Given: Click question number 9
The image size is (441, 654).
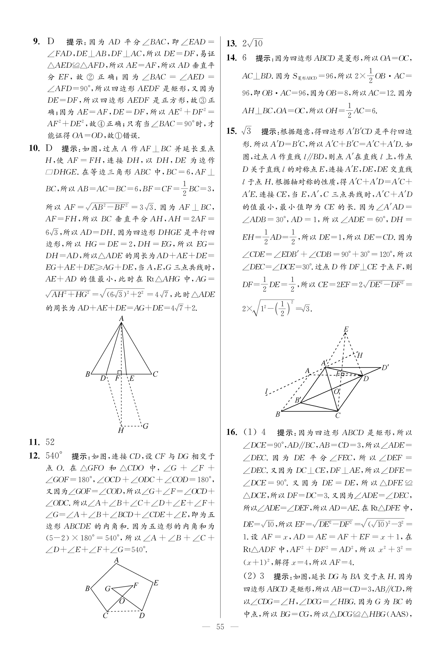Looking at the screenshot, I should click(37, 42).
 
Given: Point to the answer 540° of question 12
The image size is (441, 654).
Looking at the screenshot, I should click(54, 455).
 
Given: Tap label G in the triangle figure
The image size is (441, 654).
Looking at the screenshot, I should click(145, 426).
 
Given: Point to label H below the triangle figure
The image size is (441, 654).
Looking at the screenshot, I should click(121, 431).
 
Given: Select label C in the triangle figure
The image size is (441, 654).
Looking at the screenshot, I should click(155, 374).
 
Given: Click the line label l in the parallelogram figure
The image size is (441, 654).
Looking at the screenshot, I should click(266, 391).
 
